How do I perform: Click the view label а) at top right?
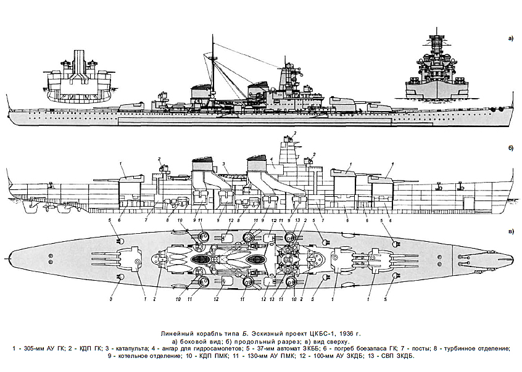pyautogui.click(x=511, y=39)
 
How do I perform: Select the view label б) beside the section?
pyautogui.click(x=511, y=148)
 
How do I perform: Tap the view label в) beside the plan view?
pyautogui.click(x=511, y=231)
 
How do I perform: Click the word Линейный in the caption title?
pyautogui.click(x=176, y=334)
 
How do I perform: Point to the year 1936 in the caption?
pyautogui.click(x=347, y=334)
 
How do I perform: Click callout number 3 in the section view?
pyautogui.click(x=224, y=163)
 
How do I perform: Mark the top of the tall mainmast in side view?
pyautogui.click(x=212, y=35)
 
